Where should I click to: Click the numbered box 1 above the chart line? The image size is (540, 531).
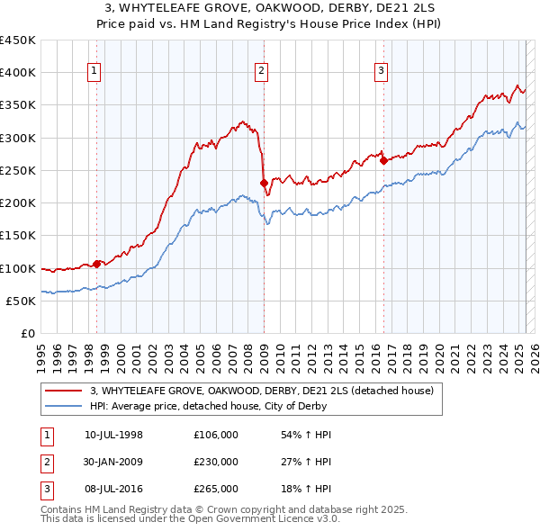(x=94, y=73)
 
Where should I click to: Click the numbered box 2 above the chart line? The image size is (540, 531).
(x=261, y=73)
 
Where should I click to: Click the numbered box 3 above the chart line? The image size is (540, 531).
(x=381, y=73)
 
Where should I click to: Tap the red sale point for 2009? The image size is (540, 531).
(x=264, y=184)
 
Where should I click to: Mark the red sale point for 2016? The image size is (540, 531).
(x=383, y=161)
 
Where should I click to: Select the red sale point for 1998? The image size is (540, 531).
(x=96, y=265)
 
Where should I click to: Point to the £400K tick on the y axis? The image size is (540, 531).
(x=18, y=73)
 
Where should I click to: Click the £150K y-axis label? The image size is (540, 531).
(x=18, y=236)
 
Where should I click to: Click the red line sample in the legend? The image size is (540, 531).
(x=65, y=391)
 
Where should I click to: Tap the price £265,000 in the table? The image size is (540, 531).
(x=216, y=489)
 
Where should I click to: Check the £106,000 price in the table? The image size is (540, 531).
(x=216, y=435)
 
